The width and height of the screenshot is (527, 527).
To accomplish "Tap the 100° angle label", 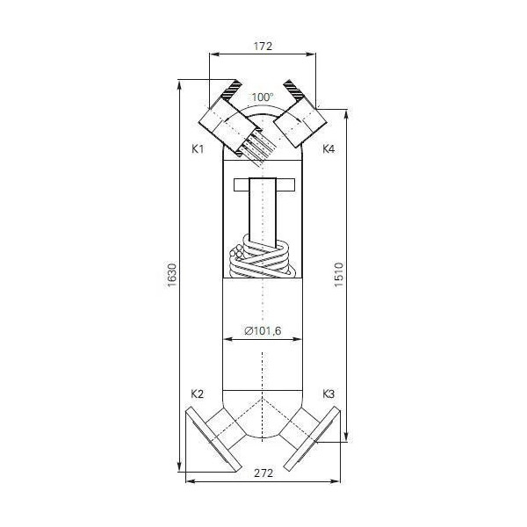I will click(263, 97).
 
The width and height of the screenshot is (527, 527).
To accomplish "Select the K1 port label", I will click(197, 149).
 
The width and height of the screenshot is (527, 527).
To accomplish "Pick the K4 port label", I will click(328, 149).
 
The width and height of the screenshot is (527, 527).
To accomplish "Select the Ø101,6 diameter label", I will click(262, 331).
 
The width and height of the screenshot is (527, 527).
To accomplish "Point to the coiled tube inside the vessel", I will click(262, 258).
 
